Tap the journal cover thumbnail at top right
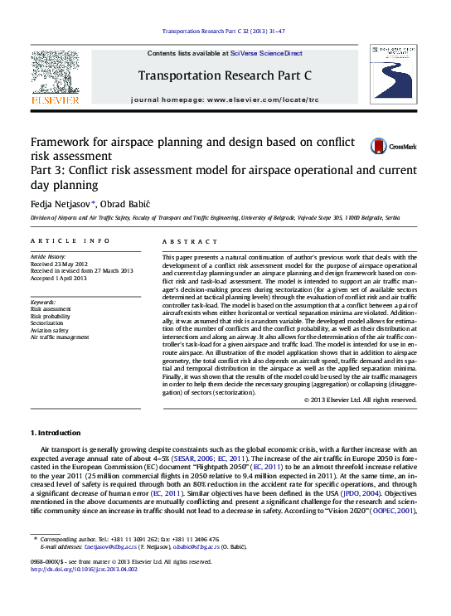point(396,80)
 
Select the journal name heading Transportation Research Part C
point(225,75)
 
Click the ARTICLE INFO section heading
point(70,240)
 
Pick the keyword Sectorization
point(46,323)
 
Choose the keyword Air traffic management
point(60,337)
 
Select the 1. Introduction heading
point(56,434)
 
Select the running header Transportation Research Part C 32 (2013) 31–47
point(225,32)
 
